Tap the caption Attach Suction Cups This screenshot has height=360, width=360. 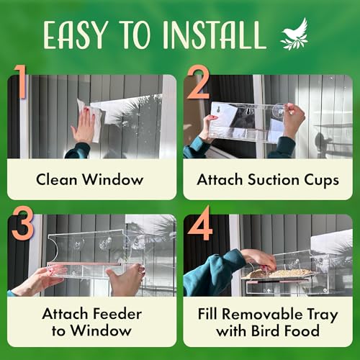pos(268,179)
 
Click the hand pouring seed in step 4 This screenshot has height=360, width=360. pos(259,258)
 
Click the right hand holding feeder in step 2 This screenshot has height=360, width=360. pos(294,119)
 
